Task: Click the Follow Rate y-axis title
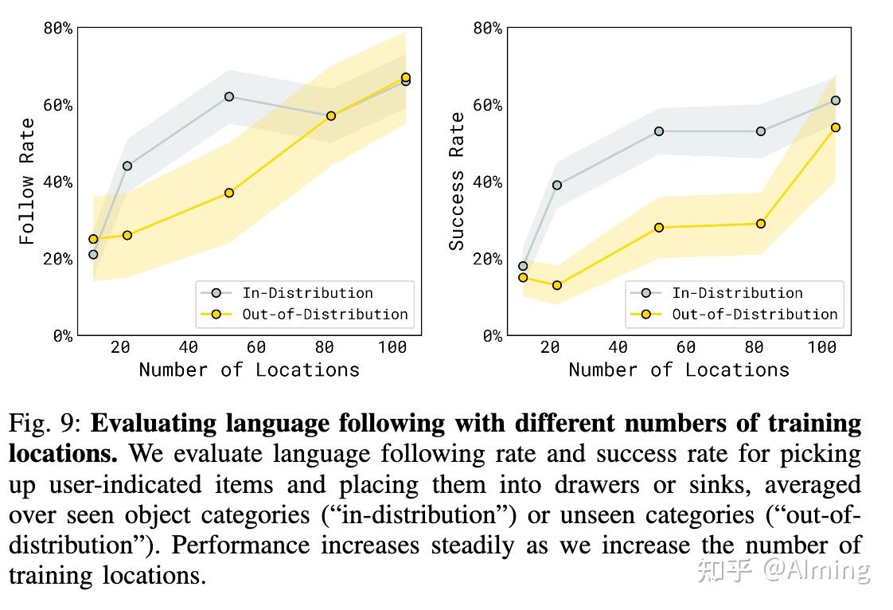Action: click(27, 181)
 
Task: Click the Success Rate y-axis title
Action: click(457, 181)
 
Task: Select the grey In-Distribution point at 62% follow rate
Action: click(229, 96)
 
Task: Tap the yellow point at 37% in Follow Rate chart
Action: click(229, 193)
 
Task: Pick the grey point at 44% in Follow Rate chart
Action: click(127, 166)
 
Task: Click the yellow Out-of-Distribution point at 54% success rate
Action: click(835, 127)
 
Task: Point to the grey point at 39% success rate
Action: click(556, 185)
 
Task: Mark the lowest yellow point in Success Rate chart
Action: click(556, 285)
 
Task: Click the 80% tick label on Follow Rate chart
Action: click(57, 29)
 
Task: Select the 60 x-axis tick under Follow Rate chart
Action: click(255, 347)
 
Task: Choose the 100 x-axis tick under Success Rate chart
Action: click(821, 347)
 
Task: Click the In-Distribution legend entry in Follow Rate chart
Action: click(307, 293)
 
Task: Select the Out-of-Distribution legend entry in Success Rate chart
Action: click(754, 314)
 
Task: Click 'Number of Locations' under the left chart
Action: click(249, 370)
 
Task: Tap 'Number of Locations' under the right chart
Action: click(679, 370)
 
